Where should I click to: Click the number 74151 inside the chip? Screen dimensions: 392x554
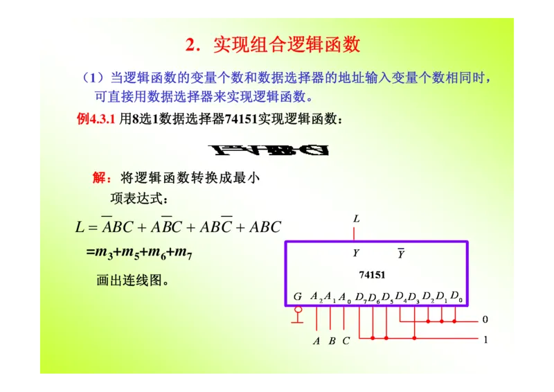pyautogui.click(x=372, y=275)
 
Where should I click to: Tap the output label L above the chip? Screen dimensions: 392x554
pyautogui.click(x=357, y=219)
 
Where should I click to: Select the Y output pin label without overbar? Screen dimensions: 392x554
pyautogui.click(x=356, y=253)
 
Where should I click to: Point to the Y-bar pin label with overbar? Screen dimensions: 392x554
pyautogui.click(x=401, y=254)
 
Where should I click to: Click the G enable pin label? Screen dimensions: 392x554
pyautogui.click(x=298, y=297)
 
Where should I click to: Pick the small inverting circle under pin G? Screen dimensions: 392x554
pyautogui.click(x=298, y=310)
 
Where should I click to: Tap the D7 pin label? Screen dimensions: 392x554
pyautogui.click(x=361, y=297)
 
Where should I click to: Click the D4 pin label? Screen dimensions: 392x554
pyautogui.click(x=401, y=297)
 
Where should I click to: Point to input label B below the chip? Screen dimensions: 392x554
pyautogui.click(x=332, y=341)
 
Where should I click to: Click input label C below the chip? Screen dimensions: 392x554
pyautogui.click(x=346, y=341)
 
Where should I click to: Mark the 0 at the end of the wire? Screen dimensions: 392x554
pyautogui.click(x=485, y=320)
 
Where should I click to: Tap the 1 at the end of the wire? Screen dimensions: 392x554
pyautogui.click(x=485, y=339)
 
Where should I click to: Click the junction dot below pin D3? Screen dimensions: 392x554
pyautogui.click(x=414, y=339)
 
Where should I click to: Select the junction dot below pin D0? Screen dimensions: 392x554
pyautogui.click(x=455, y=321)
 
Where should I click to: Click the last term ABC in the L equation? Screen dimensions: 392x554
pyautogui.click(x=265, y=227)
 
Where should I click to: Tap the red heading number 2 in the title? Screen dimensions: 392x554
pyautogui.click(x=190, y=46)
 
